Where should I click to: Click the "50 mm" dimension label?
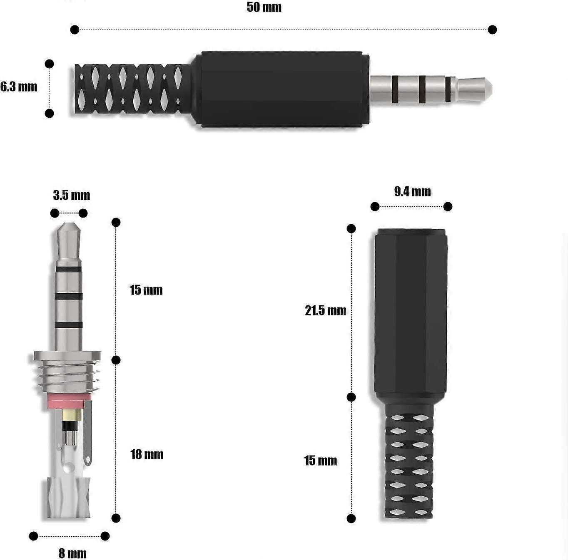[x=264, y=7]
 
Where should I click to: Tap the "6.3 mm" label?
[x=19, y=87]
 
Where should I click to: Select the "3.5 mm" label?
[x=72, y=195]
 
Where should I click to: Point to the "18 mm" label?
[x=147, y=454]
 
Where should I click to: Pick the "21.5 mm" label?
[x=325, y=310]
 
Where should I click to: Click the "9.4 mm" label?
[x=412, y=191]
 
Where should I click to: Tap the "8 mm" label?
[x=72, y=553]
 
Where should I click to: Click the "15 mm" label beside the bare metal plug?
[x=146, y=290]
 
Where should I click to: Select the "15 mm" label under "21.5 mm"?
[x=320, y=461]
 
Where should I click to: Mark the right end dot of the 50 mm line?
[x=492, y=30]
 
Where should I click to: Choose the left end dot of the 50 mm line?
[x=75, y=30]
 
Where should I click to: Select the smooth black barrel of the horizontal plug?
[x=283, y=89]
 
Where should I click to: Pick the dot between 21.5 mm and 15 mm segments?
[x=351, y=397]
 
